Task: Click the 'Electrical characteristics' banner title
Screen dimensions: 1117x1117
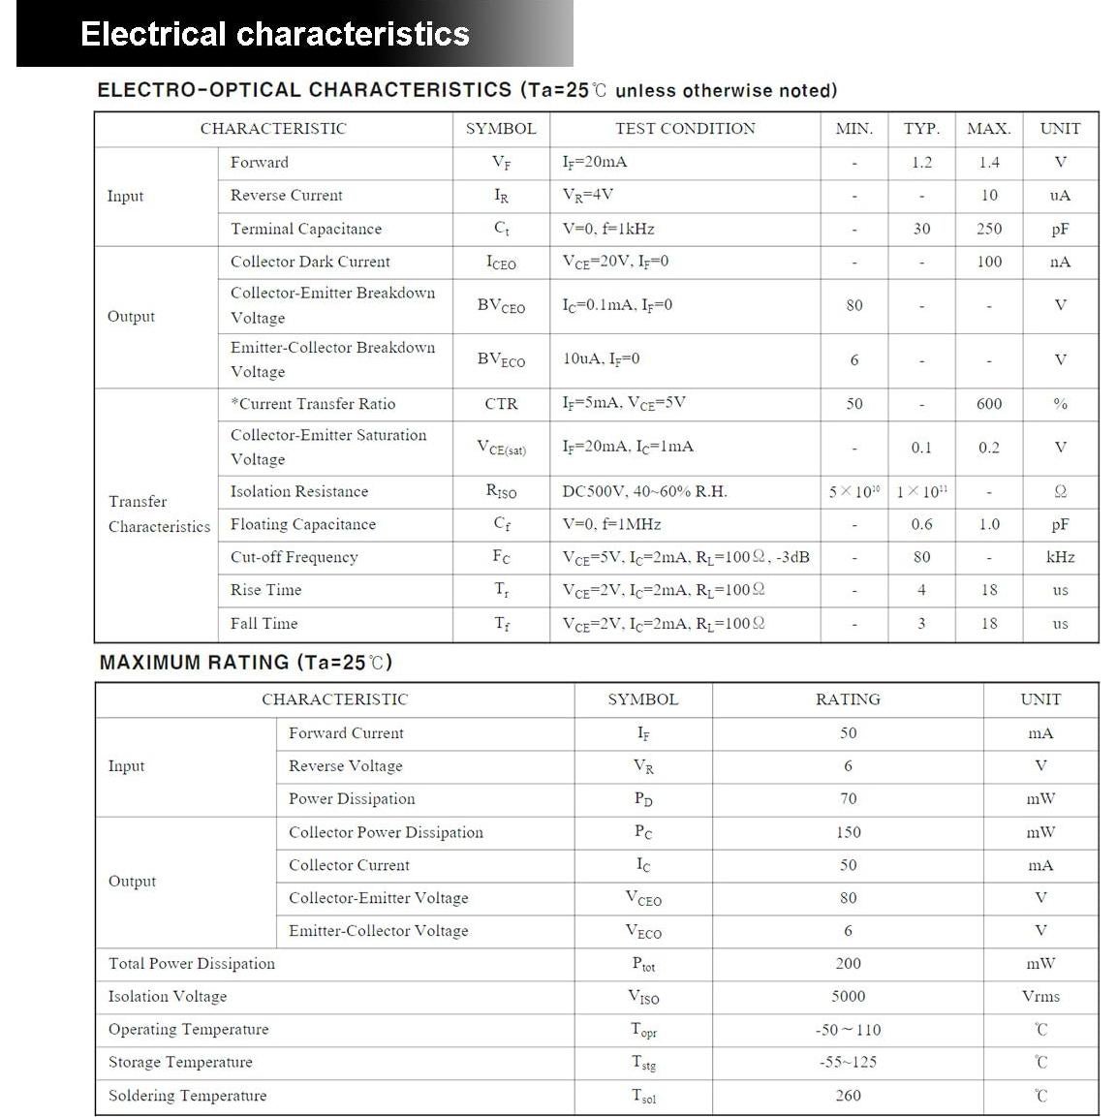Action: pos(275,34)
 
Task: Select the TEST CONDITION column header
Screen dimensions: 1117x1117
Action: pos(685,129)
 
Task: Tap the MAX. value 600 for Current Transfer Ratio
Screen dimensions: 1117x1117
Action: pos(988,404)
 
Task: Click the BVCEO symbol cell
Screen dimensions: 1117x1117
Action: pos(501,306)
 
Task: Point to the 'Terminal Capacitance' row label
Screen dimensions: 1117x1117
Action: pos(306,229)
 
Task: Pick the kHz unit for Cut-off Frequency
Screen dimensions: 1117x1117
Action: pos(1060,557)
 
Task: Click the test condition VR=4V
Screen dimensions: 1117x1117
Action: pos(588,195)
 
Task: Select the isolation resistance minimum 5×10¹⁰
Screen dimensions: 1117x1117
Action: pos(853,491)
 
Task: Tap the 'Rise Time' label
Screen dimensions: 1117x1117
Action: pos(265,590)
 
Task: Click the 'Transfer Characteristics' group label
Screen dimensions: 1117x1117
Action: pos(159,513)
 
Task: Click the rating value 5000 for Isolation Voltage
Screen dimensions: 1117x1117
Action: pos(848,996)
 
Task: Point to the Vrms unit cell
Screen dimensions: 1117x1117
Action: pos(1040,996)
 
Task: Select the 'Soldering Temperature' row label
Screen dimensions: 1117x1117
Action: pos(187,1096)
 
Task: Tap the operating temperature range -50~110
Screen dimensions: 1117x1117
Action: pos(848,1030)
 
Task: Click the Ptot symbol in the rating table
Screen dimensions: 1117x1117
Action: pos(643,964)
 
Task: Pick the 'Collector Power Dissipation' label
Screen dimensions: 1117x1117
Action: pos(386,832)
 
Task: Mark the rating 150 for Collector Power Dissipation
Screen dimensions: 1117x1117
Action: pos(848,832)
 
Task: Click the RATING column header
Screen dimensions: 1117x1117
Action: pos(848,699)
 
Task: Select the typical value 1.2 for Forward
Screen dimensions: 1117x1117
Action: pos(920,163)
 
